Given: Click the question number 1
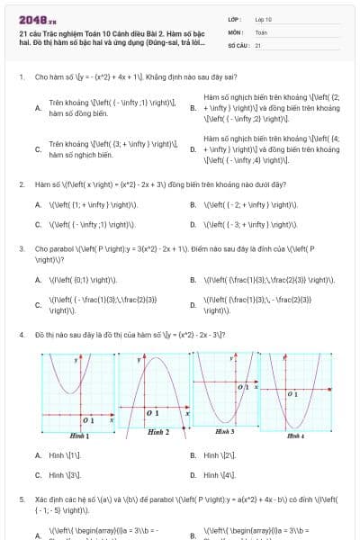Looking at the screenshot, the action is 21,77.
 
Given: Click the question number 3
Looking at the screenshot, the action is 21,247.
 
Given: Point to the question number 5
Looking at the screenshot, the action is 21,498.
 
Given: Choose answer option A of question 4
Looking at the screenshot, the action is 38,455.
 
